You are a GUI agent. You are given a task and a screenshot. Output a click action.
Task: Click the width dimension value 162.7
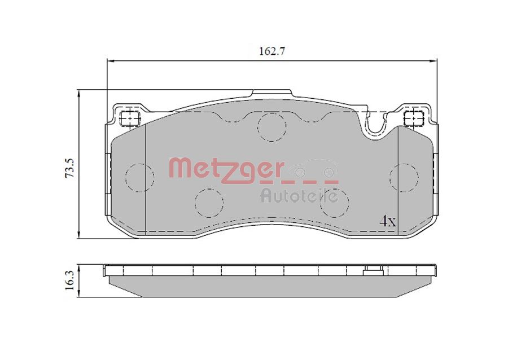pos(272,51)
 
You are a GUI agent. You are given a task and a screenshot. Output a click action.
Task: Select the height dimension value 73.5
pos(69,168)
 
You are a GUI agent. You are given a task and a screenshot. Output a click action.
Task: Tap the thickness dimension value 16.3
pos(69,279)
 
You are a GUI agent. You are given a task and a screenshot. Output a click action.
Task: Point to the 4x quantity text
pos(387,221)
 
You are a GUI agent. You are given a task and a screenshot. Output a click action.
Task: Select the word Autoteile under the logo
pos(299,196)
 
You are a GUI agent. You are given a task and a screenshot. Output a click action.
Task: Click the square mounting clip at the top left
pos(130,118)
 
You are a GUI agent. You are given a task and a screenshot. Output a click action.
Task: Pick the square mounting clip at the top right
pos(414,118)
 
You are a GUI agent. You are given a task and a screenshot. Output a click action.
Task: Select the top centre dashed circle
pos(271,127)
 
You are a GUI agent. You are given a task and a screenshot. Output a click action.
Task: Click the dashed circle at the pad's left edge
pos(138,177)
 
